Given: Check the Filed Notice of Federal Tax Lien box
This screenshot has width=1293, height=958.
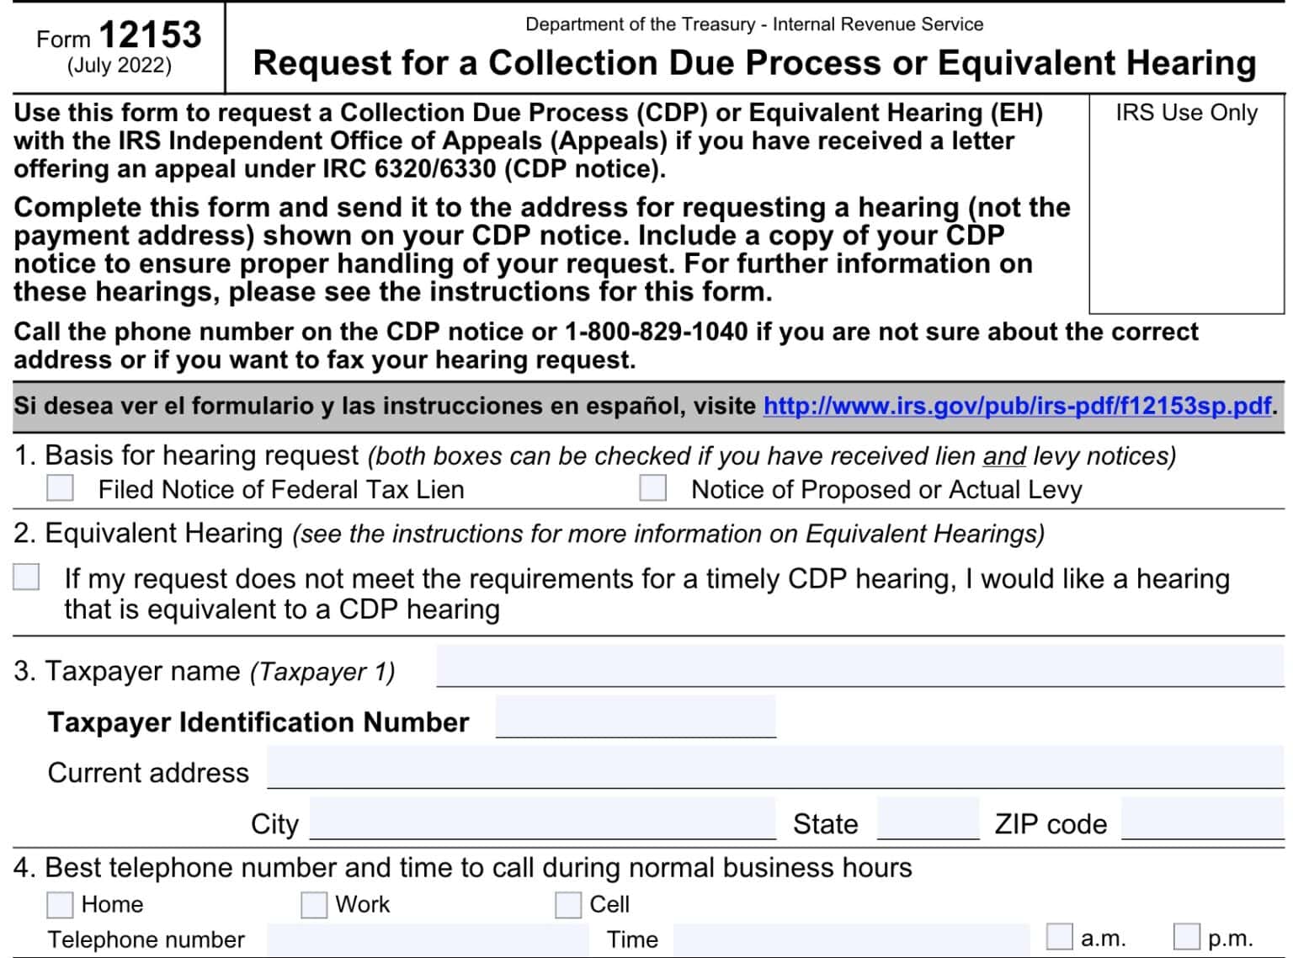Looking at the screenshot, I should (x=60, y=488).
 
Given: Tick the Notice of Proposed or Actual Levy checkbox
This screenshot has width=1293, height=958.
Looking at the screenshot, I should (x=652, y=488).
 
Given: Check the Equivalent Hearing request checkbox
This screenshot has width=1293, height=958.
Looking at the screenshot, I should (x=26, y=577).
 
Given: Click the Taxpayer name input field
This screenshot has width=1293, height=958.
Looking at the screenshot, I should (x=859, y=666).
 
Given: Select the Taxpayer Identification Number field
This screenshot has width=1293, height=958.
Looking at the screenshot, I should (x=636, y=717).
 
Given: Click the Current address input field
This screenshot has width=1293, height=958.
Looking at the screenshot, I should (x=774, y=768).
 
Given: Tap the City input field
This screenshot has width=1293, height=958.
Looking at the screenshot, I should (x=542, y=818).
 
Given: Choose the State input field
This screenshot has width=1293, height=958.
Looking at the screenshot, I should (x=928, y=818).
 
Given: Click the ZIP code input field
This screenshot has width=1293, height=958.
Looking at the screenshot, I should (x=1202, y=818).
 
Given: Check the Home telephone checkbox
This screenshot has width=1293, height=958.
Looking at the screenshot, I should (x=60, y=905).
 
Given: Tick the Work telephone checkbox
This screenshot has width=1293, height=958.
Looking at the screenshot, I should (x=314, y=905).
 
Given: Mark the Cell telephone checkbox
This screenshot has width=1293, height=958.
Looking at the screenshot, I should (x=568, y=905).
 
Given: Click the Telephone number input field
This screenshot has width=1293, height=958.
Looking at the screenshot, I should (x=428, y=939).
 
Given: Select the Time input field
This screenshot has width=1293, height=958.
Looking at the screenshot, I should (x=851, y=939).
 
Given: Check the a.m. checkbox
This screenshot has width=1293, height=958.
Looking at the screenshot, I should (x=1059, y=936).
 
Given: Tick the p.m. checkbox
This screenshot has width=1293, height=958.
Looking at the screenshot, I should (x=1186, y=936).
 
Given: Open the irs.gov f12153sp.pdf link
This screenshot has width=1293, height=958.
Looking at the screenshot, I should (x=1017, y=407).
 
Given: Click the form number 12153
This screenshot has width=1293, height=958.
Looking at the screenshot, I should (x=150, y=35).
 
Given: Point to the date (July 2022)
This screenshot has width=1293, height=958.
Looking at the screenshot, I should (x=119, y=66).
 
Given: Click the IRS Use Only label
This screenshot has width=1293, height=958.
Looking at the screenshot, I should (x=1186, y=113).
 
